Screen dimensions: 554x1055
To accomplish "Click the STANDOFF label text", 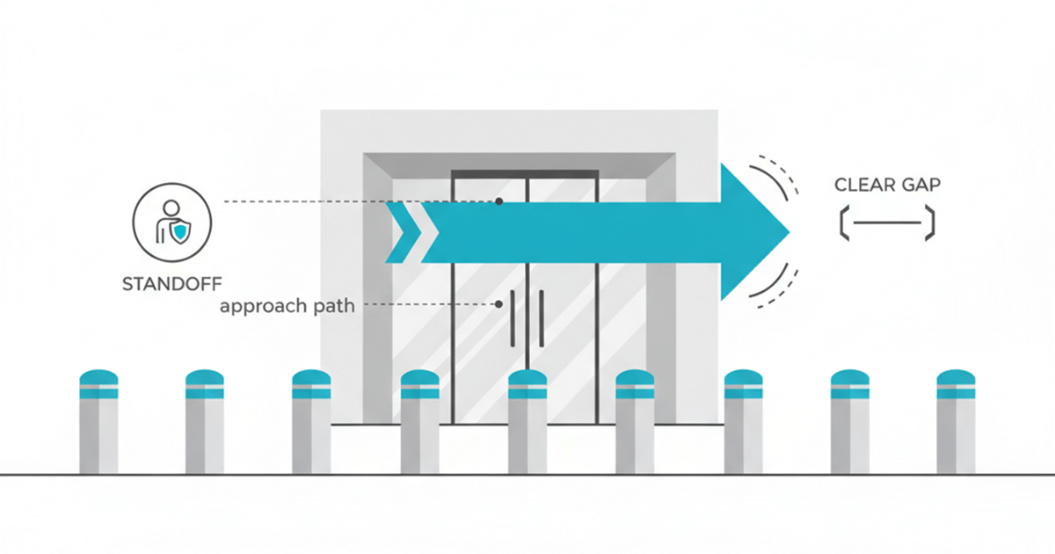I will pos(171,283).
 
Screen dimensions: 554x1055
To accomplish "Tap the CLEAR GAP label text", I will pos(886,186).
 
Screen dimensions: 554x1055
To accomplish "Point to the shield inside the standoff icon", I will pos(179,231).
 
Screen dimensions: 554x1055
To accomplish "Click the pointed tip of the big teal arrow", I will pos(787,231).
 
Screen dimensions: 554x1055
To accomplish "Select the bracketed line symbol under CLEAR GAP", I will pos(886,223).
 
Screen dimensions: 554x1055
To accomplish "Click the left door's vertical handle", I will pos(512,317).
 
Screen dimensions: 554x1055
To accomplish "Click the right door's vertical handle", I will pos(541,317).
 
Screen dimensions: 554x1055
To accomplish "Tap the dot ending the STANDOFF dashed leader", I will pos(498,201).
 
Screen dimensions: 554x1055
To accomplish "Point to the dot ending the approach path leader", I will pos(498,304).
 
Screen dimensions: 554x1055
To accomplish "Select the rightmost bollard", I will pos(957,422).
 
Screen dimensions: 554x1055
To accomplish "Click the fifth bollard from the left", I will pos(527,422).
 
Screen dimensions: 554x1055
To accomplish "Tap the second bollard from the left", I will pos(205,422).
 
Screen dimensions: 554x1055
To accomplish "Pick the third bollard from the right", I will pos(743,422).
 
